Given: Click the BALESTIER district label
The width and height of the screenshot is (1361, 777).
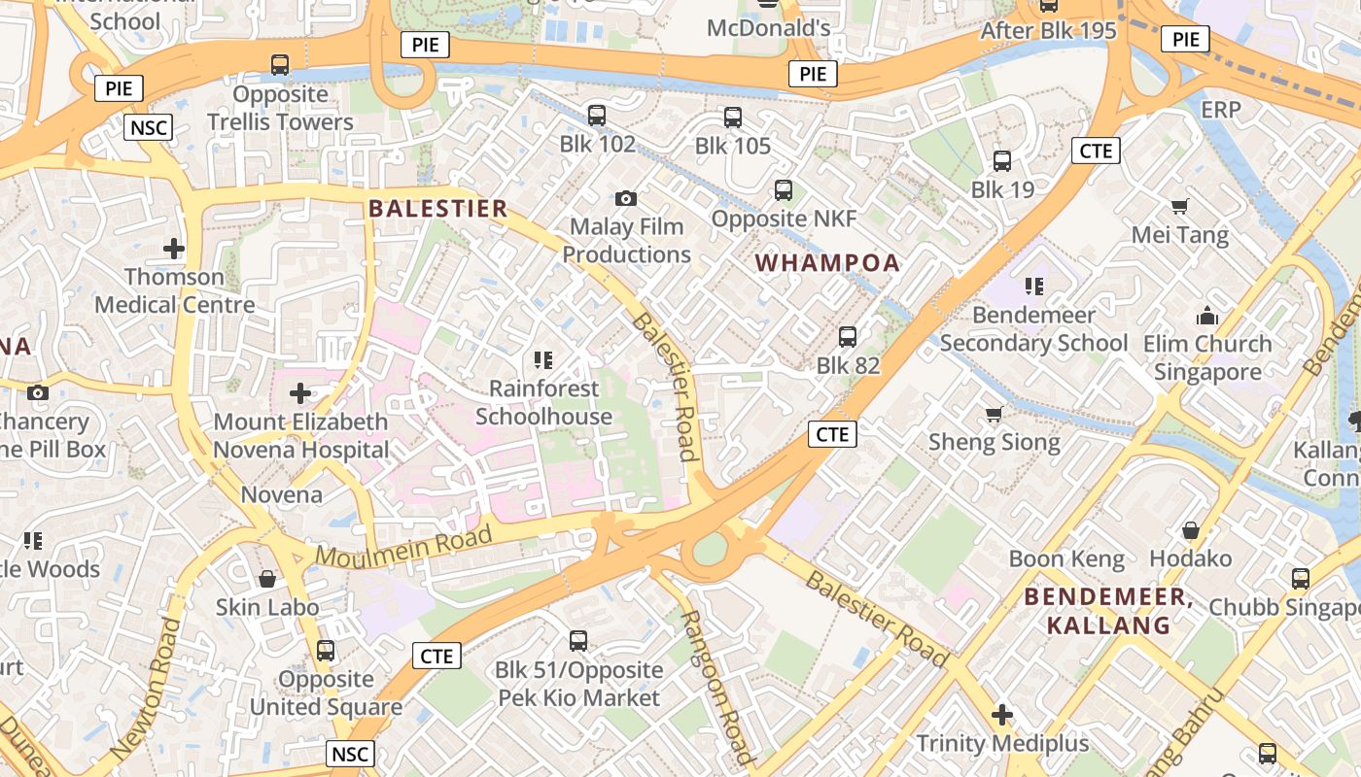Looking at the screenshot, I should [438, 209].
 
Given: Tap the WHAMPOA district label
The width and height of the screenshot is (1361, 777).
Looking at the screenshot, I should [827, 263].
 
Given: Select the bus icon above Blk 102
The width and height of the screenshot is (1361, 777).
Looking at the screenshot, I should [597, 116].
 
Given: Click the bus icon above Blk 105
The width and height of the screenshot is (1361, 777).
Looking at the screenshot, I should [733, 118].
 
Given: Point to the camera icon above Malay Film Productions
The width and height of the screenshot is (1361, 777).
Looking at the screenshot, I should [626, 198].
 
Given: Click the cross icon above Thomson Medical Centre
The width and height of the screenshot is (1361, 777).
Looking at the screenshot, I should [174, 249].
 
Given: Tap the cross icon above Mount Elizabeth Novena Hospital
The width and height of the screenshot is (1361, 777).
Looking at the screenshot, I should [300, 393].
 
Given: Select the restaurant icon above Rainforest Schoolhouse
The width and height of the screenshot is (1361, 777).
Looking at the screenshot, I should [543, 360].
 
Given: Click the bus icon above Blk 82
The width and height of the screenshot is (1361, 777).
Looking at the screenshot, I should [848, 337].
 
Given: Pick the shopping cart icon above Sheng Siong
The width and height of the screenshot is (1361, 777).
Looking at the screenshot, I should [994, 415].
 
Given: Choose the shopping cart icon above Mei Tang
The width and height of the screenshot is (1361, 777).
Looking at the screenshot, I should [1180, 206].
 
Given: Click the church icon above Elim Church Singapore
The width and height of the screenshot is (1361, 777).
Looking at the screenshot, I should [1207, 316].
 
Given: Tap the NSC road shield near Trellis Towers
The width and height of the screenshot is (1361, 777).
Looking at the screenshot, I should [149, 127].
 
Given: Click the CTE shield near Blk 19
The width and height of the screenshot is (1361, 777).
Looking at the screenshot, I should [1096, 151].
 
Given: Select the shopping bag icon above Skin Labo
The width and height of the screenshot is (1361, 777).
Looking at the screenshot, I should [267, 579].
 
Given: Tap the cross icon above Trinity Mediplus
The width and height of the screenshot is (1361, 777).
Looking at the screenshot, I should [1002, 716].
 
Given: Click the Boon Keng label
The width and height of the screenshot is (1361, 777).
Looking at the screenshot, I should [1066, 559].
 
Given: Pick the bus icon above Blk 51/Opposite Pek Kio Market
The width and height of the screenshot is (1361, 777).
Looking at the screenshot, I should [578, 641].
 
